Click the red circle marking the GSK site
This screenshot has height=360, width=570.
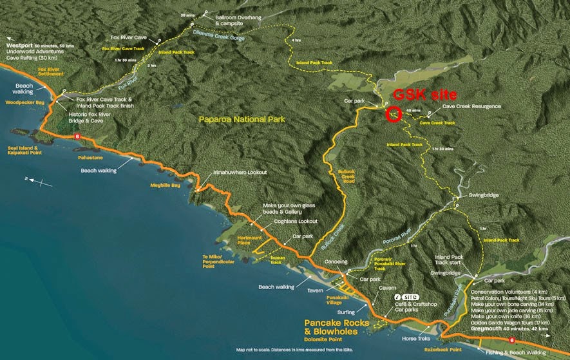(392, 115)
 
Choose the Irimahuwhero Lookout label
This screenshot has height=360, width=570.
(240, 173)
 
